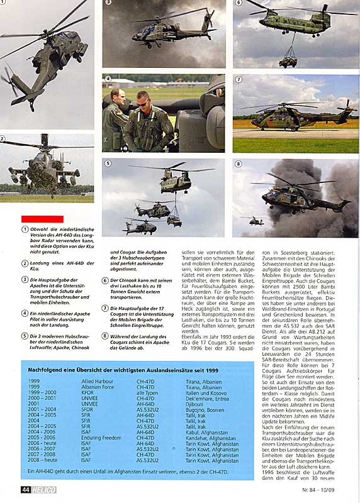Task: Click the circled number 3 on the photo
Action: point(108,3)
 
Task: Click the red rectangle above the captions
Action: point(33,218)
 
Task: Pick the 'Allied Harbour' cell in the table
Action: point(97,382)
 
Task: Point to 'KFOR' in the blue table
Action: point(89,392)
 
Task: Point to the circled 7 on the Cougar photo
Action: point(239,80)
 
